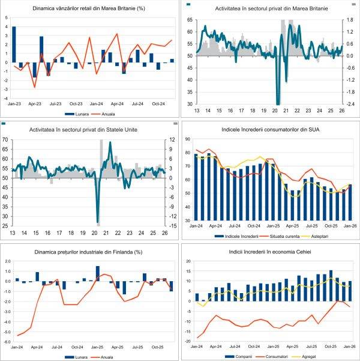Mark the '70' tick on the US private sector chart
point(5,140)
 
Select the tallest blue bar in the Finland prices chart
point(98,273)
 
